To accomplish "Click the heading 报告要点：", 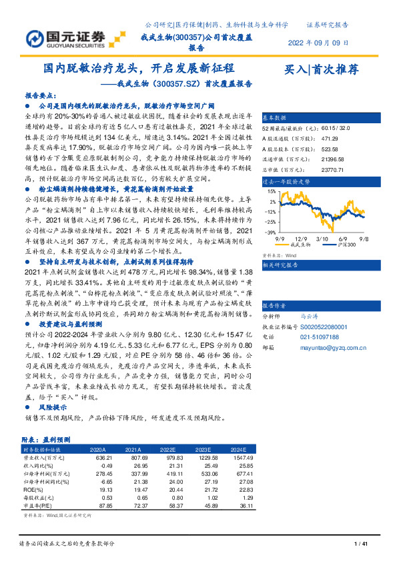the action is (41, 95).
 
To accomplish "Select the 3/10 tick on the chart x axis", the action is (322, 238).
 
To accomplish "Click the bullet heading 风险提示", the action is (53, 406).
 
